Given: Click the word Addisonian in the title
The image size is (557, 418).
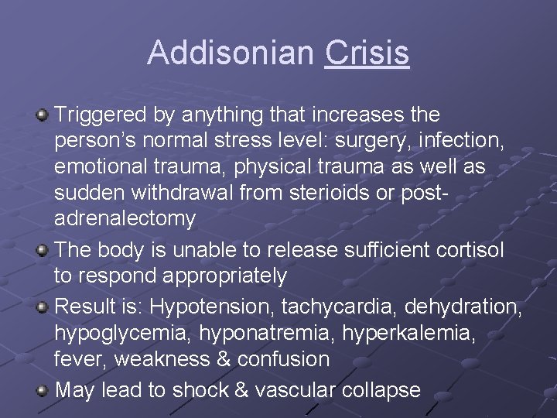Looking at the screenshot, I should click(x=231, y=53).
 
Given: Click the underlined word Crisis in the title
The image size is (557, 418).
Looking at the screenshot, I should click(x=367, y=53).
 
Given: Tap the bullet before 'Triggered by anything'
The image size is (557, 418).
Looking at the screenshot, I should click(x=43, y=115).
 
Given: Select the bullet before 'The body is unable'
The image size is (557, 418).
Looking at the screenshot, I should click(x=43, y=250).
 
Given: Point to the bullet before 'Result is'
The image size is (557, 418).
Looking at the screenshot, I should click(x=43, y=307).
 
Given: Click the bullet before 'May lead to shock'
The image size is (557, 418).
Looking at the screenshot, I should click(x=43, y=390).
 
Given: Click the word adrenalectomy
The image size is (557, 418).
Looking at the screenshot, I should click(x=125, y=219).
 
